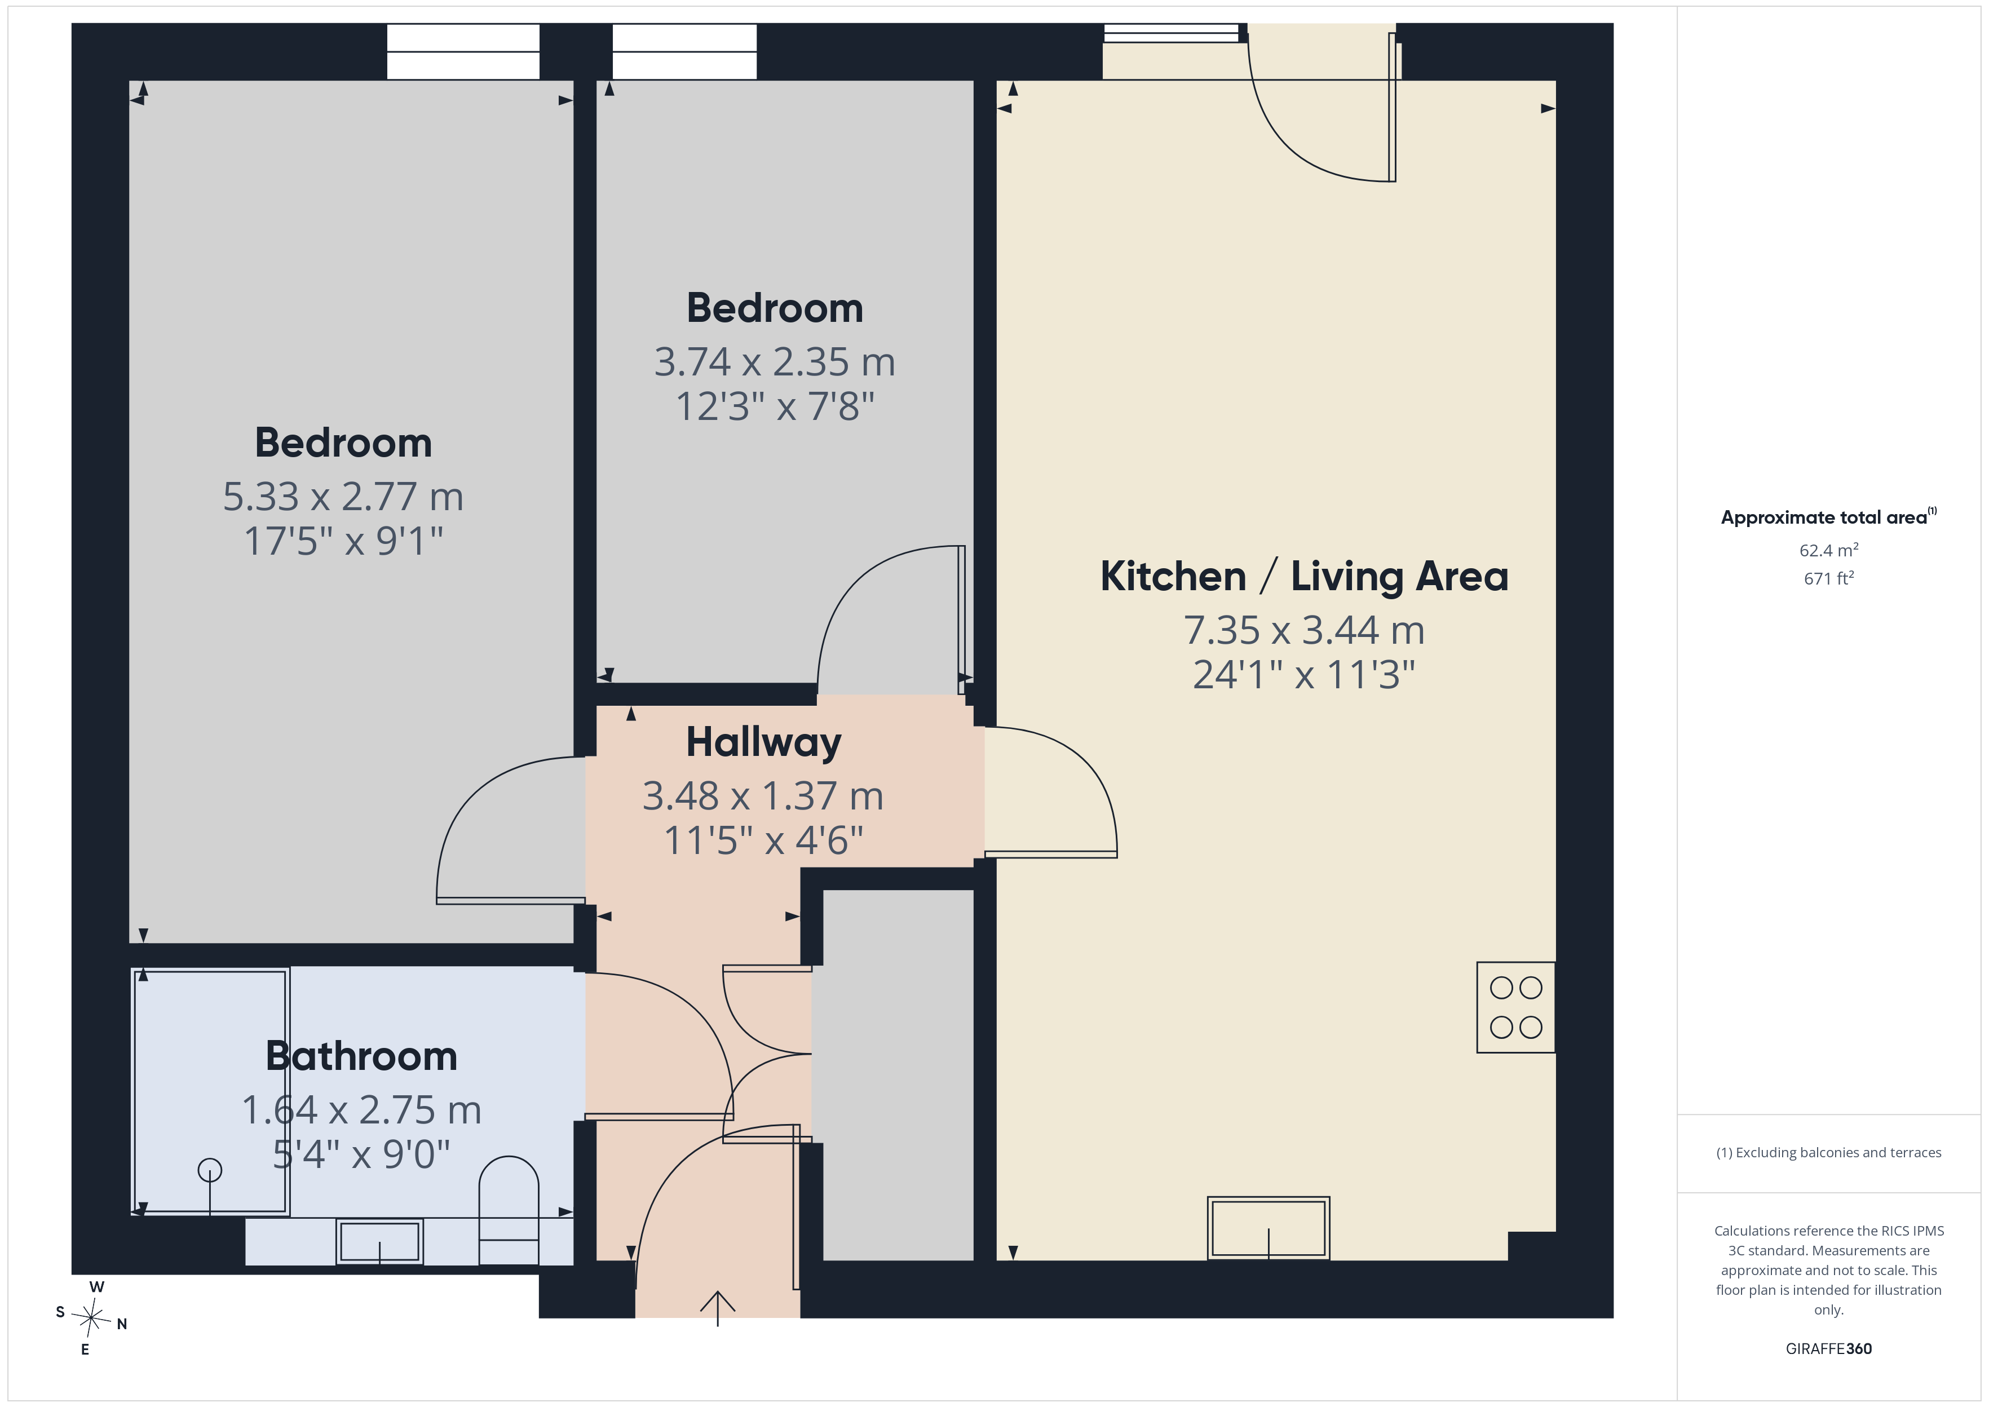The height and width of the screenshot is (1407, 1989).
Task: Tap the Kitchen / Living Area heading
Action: pyautogui.click(x=1304, y=576)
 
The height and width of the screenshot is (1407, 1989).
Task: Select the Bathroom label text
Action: pyautogui.click(x=361, y=1056)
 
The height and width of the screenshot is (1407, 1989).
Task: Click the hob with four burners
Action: pyautogui.click(x=1515, y=1007)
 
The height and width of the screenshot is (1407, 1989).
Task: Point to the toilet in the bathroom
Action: pyautogui.click(x=509, y=1210)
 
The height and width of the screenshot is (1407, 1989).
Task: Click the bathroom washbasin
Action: pyautogui.click(x=379, y=1241)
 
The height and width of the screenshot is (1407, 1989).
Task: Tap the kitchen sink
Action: pyautogui.click(x=1268, y=1228)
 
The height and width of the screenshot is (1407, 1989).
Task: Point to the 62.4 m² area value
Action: pyautogui.click(x=1828, y=550)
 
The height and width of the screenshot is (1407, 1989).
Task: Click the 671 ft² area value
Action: pyautogui.click(x=1828, y=578)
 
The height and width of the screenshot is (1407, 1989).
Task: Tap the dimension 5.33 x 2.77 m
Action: pyautogui.click(x=343, y=497)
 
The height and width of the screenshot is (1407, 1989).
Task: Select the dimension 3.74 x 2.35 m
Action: pyautogui.click(x=775, y=362)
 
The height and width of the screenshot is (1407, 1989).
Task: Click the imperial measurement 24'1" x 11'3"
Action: pyautogui.click(x=1304, y=675)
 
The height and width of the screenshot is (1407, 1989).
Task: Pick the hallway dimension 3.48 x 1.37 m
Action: pyautogui.click(x=763, y=796)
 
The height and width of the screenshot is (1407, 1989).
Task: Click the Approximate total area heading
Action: pyautogui.click(x=1828, y=517)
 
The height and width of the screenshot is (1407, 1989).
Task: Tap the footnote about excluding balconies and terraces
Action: pyautogui.click(x=1828, y=1152)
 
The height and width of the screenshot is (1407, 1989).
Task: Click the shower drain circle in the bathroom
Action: pyautogui.click(x=210, y=1170)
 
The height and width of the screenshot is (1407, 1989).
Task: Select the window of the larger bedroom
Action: pyautogui.click(x=463, y=52)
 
